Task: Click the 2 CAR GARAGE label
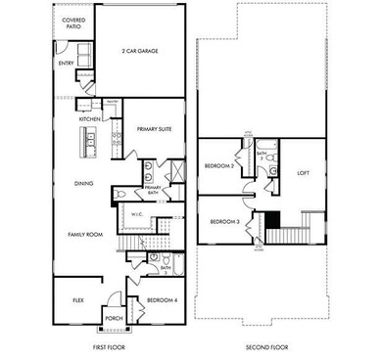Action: [141, 51]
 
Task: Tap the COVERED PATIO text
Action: [72, 22]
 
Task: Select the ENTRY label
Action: [66, 64]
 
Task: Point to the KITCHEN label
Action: [90, 119]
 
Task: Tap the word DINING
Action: [84, 183]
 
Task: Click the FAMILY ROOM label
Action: [84, 236]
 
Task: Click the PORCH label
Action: [115, 317]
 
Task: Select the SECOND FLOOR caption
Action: [264, 346]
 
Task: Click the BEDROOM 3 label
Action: [224, 222]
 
